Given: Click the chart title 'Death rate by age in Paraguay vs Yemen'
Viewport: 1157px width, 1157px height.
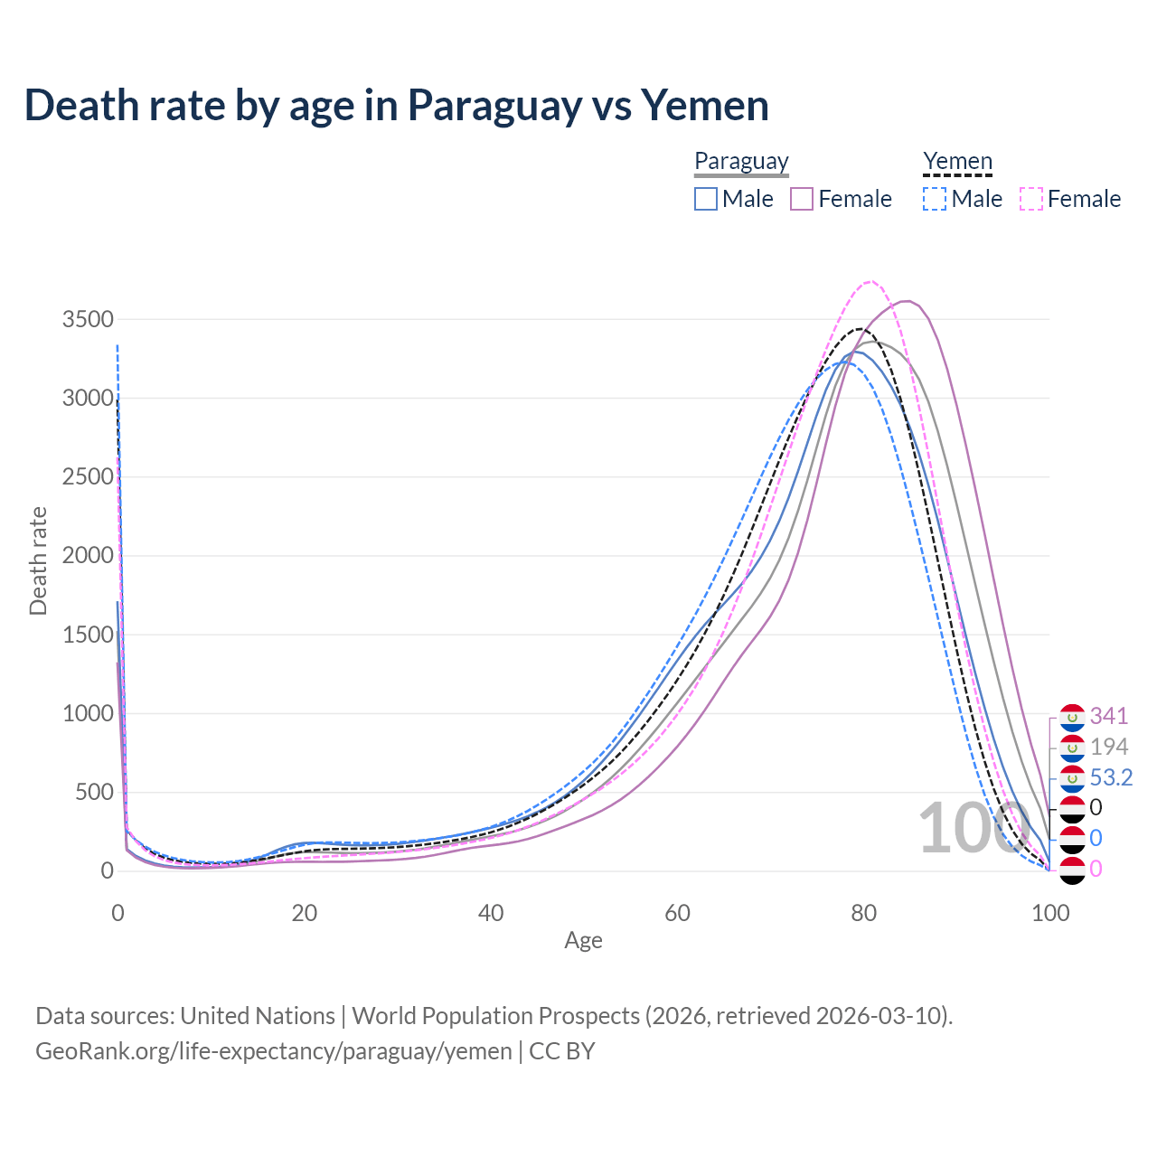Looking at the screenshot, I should click(x=396, y=106).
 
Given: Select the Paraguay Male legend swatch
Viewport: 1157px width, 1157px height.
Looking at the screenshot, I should click(x=706, y=199).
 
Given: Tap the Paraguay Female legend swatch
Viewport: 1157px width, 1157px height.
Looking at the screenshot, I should click(x=802, y=199).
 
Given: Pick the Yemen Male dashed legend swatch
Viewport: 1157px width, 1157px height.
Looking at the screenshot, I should click(x=935, y=199).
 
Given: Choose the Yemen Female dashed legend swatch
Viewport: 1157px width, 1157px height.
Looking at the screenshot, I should click(x=1031, y=199).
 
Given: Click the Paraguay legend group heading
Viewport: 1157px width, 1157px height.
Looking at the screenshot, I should click(x=741, y=162).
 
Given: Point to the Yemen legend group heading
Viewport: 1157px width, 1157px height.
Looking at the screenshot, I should click(x=957, y=162).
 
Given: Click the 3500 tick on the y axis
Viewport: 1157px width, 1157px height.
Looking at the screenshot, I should click(x=88, y=319).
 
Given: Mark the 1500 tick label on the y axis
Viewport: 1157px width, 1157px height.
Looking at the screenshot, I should click(x=88, y=635).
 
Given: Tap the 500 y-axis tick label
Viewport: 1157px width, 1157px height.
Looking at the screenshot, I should click(x=94, y=792).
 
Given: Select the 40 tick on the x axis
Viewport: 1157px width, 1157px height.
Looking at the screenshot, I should click(x=491, y=913).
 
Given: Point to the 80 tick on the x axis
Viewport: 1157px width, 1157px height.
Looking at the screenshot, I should click(x=864, y=913).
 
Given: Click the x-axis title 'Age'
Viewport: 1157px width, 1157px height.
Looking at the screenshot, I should click(x=583, y=941).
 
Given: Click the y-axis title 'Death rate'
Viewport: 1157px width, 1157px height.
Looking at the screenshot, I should click(x=38, y=560).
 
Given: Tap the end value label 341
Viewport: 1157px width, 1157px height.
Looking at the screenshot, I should click(x=1109, y=716).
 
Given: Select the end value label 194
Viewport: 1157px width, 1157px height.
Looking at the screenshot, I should click(x=1109, y=747).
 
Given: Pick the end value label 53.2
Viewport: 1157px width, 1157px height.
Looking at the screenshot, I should click(x=1111, y=777).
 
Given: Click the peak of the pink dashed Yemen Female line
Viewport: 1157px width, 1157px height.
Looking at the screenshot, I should click(x=870, y=281).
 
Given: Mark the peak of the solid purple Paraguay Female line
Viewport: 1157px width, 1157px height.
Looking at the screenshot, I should click(x=907, y=301).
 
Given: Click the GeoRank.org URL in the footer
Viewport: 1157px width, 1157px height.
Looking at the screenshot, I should click(x=273, y=1051).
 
